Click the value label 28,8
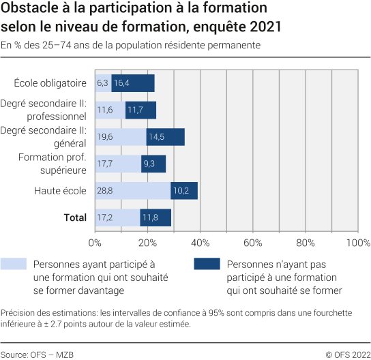pyautogui.click(x=104, y=191)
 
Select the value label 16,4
pyautogui.click(x=122, y=83)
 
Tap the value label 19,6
pyautogui.click(x=104, y=137)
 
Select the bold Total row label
pyautogui.click(x=75, y=217)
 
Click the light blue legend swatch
pyautogui.click(x=14, y=265)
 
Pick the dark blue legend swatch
pyautogui.click(x=207, y=265)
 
